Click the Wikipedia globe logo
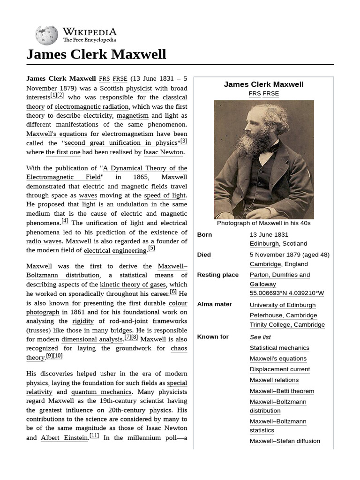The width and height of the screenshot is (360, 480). pos(46,35)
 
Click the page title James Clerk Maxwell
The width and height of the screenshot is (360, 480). pos(96,54)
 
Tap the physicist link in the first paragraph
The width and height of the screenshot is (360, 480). pos(139,88)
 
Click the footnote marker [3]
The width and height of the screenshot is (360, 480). pos(184,141)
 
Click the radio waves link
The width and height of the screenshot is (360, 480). pos(44,241)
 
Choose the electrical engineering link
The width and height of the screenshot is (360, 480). pos(115,250)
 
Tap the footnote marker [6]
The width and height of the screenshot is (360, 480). pos(173,292)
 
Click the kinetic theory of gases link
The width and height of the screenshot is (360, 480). pos(133,285)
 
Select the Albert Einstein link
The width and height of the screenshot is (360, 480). pos(64,437)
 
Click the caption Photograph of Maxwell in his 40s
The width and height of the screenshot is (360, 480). pos(263,223)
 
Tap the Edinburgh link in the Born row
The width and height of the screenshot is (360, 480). pos(264,243)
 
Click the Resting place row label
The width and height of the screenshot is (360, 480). pos(217,275)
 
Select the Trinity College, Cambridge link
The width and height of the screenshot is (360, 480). pos(287,324)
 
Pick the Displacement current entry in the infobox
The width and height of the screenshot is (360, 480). pos(279,369)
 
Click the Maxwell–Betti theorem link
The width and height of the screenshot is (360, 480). pos(282,391)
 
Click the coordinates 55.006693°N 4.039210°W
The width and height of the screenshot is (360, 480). pos(286,293)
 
